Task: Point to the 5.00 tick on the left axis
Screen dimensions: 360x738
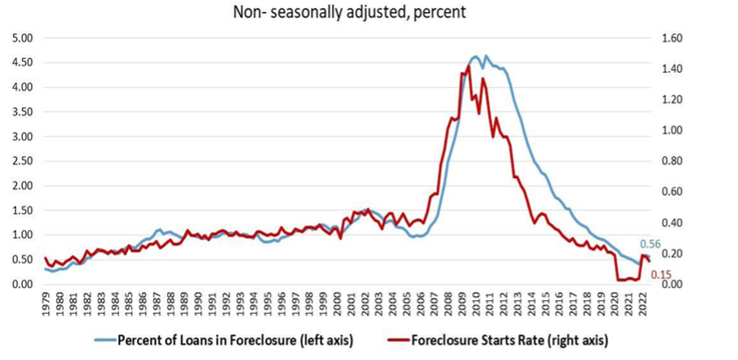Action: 20,38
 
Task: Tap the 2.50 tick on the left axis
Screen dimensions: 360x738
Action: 20,162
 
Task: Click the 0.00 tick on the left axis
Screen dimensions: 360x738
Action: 20,284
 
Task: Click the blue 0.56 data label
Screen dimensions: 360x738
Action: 650,245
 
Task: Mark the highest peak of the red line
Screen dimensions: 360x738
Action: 469,66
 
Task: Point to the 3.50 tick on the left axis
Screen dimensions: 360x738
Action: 20,112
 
